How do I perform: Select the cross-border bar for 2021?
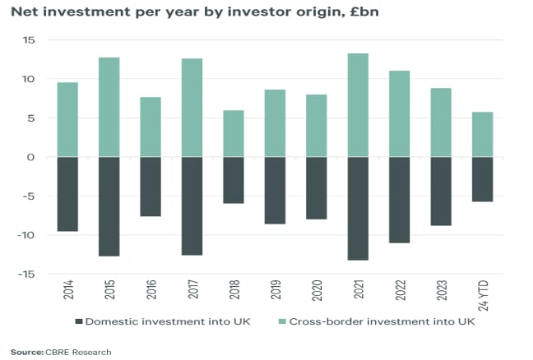point(359,105)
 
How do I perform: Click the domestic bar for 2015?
point(109,206)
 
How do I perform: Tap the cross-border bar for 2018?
point(234,133)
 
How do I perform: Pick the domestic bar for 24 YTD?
point(482,179)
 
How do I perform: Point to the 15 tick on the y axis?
point(29,39)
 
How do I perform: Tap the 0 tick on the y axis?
point(32,157)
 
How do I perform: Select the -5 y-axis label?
point(29,196)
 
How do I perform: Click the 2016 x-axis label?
point(151,292)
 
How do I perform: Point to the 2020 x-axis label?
point(317,292)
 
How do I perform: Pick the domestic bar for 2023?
point(441,191)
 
